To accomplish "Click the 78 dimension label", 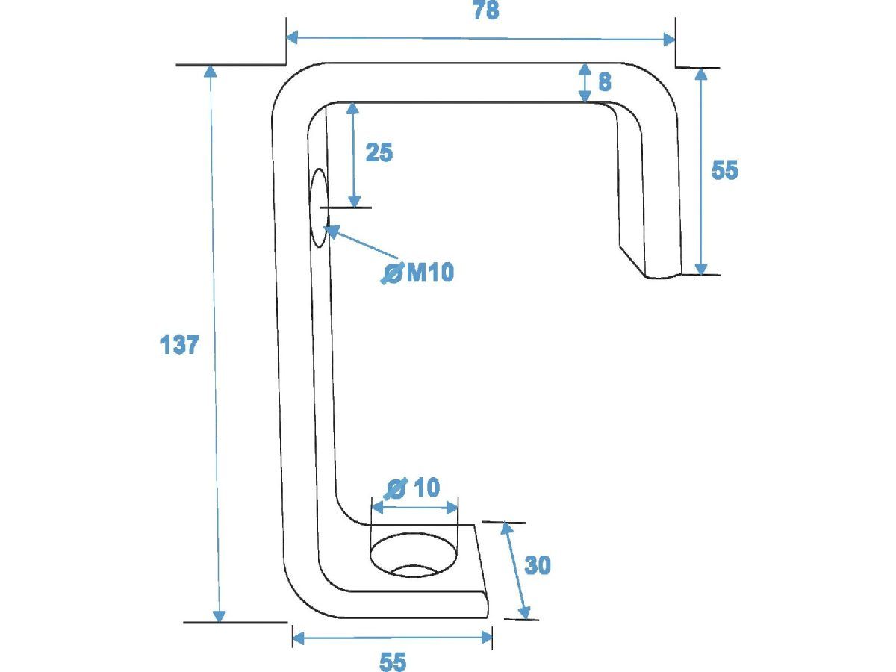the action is point(486,10).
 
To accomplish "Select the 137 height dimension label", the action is point(178,345).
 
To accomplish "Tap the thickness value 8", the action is point(605,81).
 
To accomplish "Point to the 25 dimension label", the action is point(379,152).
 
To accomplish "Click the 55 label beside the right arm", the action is point(724,169).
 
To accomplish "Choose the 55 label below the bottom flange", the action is point(393,662).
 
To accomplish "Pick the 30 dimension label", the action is point(537,565).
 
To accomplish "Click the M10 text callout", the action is point(430,272).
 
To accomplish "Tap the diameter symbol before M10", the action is point(393,273).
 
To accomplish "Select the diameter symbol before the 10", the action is point(396,488).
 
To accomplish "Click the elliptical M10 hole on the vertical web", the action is point(319,208).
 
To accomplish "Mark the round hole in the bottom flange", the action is point(414,555).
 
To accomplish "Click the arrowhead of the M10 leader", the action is point(332,231).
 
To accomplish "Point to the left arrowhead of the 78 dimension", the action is point(291,37).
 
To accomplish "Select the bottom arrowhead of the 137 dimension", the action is point(220,617).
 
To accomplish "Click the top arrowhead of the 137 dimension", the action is point(210,72).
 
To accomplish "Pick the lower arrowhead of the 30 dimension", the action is point(524,613).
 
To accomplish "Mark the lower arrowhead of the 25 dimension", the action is point(355,202).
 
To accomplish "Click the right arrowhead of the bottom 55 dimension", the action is point(487,638).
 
